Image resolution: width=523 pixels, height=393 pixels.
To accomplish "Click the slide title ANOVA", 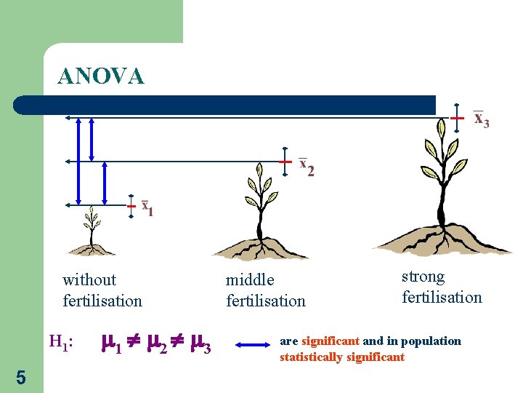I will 101,76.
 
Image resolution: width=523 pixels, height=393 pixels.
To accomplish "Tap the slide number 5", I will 20,378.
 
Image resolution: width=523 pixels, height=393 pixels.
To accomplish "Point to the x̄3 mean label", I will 481,119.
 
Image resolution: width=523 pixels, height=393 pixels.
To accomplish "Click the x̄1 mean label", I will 147,208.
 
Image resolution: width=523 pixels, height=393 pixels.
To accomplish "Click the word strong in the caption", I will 423,277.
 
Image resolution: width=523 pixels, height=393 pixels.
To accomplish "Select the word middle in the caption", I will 250,279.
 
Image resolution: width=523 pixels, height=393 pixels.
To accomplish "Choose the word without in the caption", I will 89,279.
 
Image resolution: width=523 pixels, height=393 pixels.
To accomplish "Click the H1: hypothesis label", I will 61,341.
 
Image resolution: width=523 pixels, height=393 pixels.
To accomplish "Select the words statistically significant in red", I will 341,357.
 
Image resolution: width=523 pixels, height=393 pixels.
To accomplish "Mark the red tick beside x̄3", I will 456,117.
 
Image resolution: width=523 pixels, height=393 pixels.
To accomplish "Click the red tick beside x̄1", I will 131,206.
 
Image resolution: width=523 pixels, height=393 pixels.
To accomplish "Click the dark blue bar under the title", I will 225,105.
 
